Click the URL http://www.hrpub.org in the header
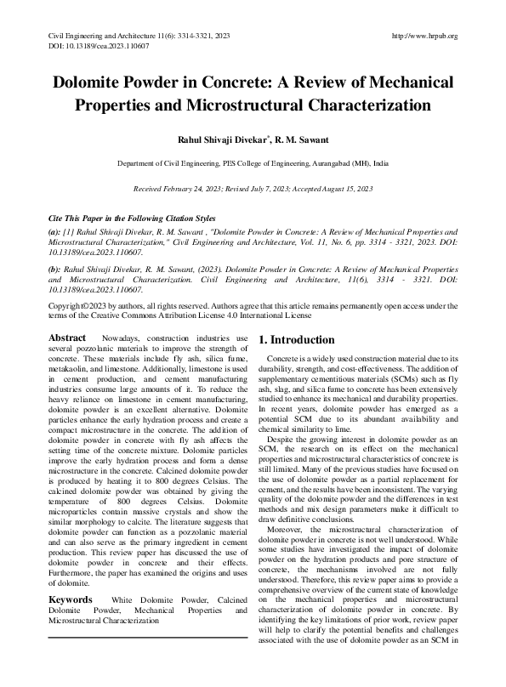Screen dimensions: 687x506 423,36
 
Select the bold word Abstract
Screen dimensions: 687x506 67,338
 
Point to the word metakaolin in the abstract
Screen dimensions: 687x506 71,370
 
